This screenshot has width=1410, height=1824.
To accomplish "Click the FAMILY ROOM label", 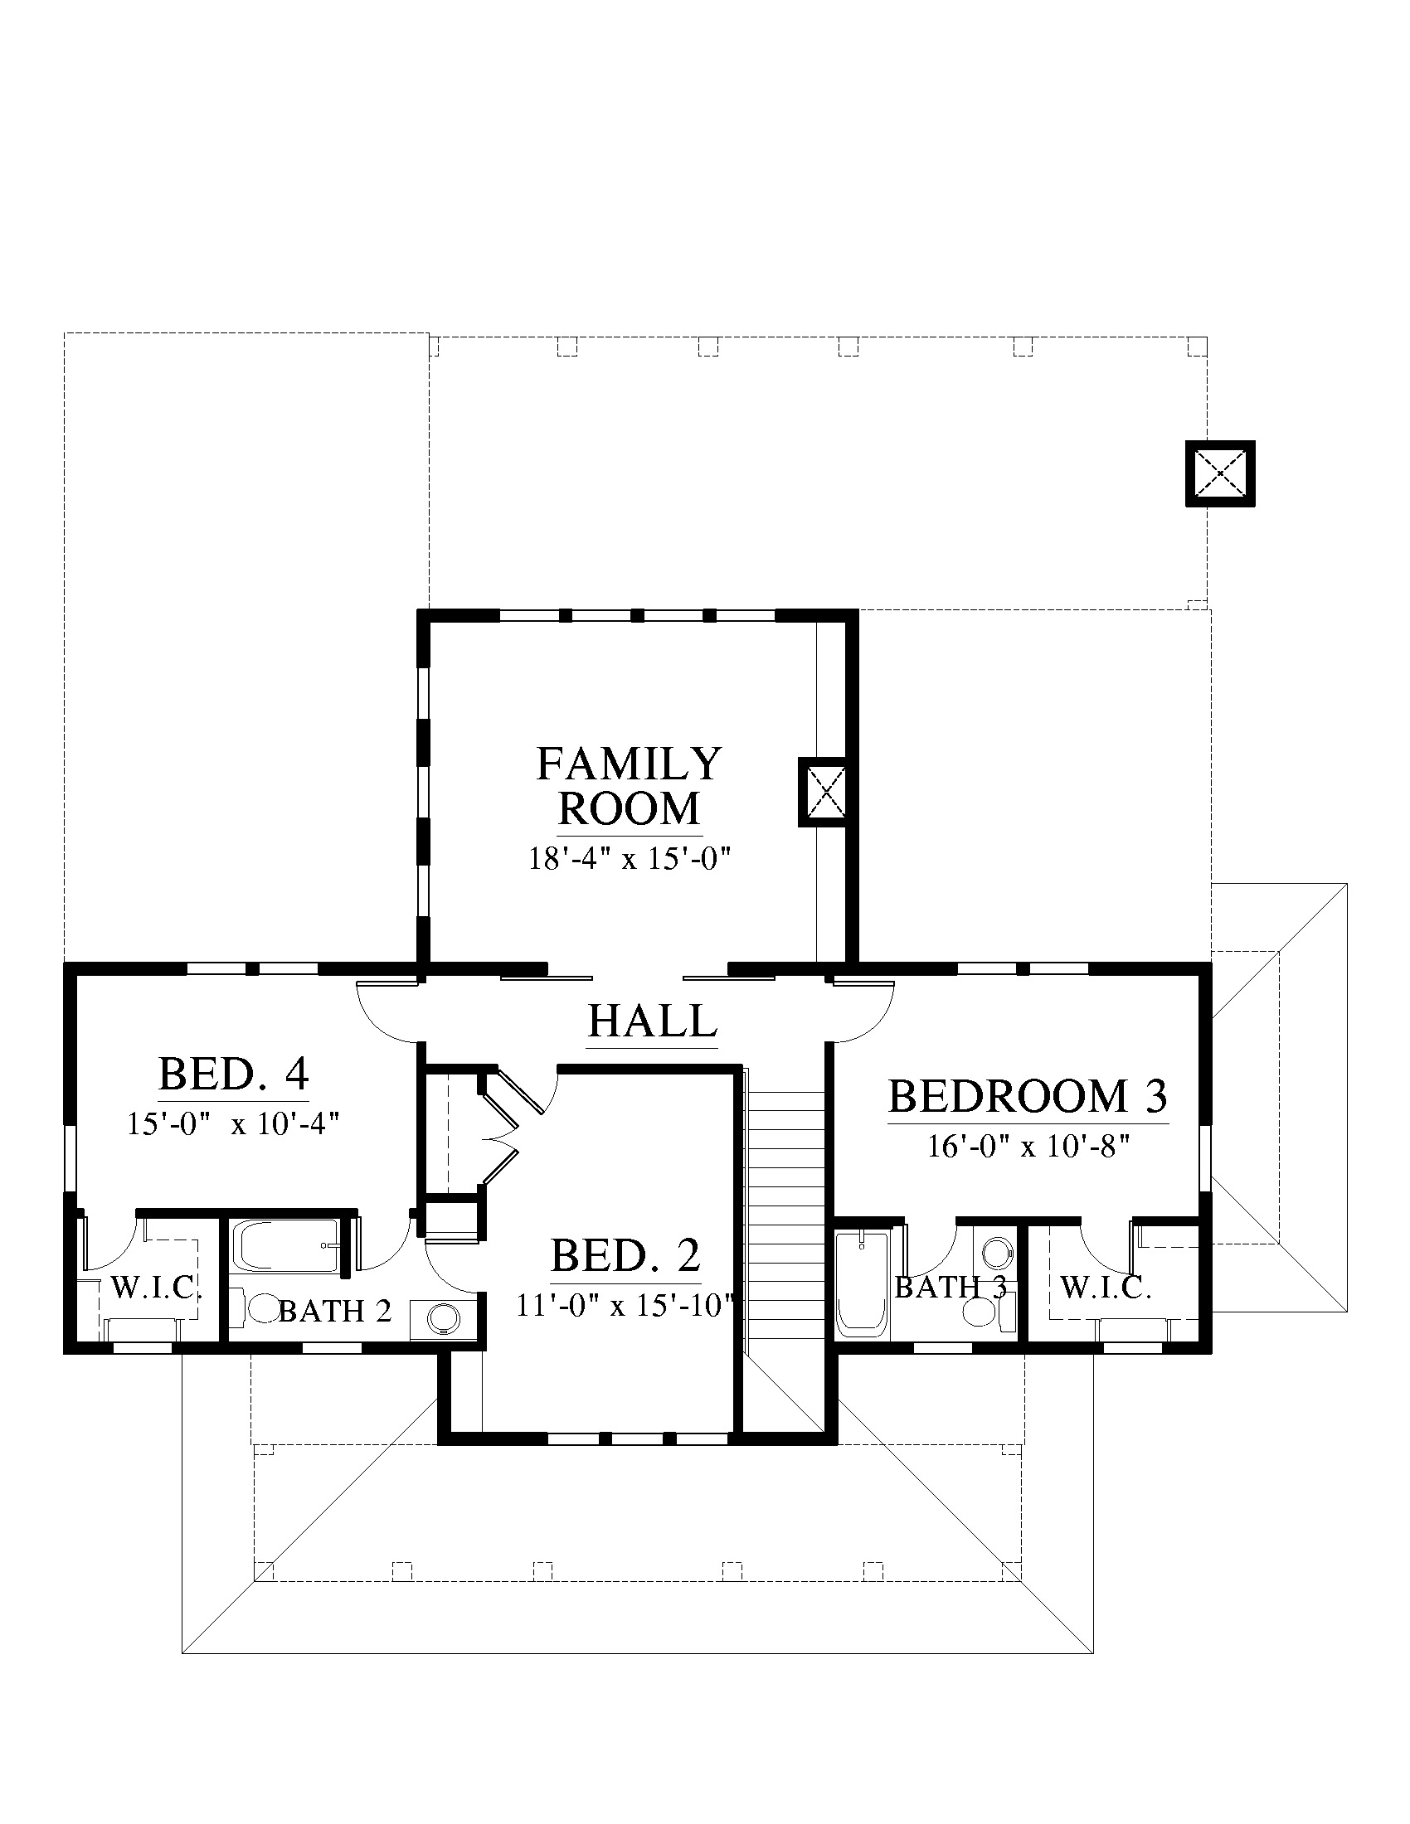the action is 629,786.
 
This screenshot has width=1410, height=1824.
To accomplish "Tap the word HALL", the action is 653,1020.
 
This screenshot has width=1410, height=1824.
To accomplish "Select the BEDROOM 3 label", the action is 1028,1096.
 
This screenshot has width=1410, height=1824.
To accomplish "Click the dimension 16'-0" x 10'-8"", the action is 1028,1146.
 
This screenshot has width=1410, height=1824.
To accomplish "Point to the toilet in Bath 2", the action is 258,1308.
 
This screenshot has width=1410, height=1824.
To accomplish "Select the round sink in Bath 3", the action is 996,1253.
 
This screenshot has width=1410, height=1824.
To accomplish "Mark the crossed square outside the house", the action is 1220,473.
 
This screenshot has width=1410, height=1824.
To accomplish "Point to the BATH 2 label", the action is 335,1312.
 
